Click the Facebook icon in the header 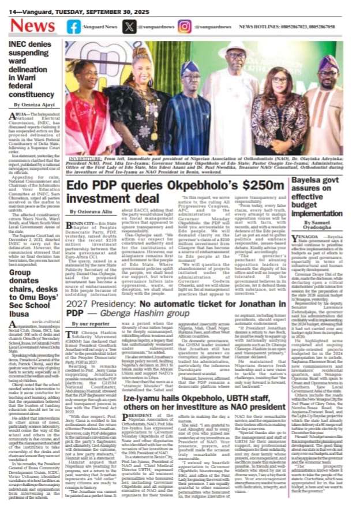click(74, 26)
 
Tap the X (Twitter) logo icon click(130, 26)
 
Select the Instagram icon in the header click(184, 26)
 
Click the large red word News click(33, 26)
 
